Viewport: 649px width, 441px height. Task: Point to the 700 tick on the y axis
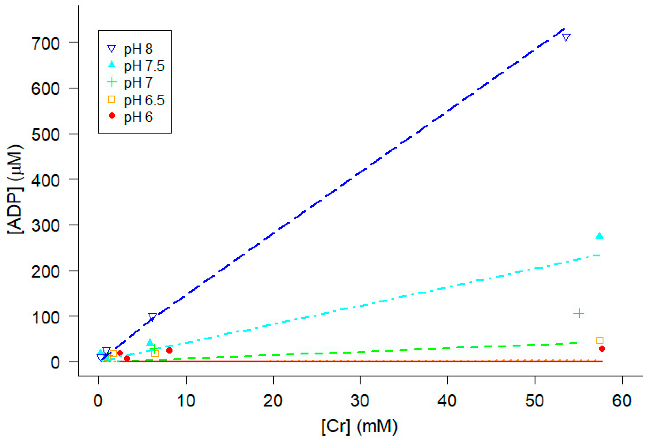tap(46, 44)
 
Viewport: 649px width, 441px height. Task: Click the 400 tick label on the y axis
tap(46, 181)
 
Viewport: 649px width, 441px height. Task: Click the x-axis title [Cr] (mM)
tap(359, 426)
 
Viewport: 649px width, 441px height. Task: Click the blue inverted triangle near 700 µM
tap(566, 37)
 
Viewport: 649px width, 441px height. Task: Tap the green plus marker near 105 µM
tap(579, 313)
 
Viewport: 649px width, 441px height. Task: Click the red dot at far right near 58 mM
tap(602, 349)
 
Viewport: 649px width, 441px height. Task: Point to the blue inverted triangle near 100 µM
tap(152, 316)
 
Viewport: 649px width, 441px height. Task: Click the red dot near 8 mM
tap(169, 350)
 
